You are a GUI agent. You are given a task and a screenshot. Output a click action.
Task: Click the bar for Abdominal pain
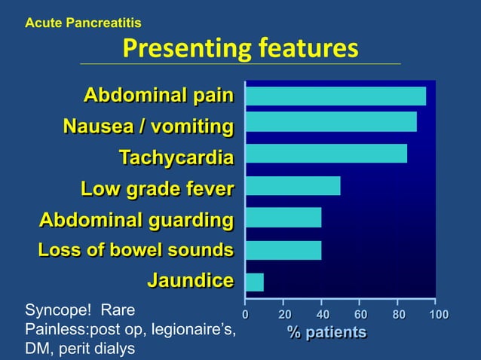click(x=335, y=96)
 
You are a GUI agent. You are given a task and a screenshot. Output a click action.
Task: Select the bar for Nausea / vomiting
click(x=331, y=122)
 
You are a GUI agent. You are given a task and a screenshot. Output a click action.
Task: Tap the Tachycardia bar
click(x=326, y=154)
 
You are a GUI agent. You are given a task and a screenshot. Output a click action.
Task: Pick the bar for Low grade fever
click(x=293, y=185)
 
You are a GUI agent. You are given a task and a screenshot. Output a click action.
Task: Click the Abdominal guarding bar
click(x=283, y=218)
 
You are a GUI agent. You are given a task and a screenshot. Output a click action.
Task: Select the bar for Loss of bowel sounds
click(x=283, y=250)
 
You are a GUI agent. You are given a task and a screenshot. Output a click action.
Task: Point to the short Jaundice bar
click(x=255, y=282)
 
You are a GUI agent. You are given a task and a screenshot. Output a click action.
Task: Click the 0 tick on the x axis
click(x=244, y=313)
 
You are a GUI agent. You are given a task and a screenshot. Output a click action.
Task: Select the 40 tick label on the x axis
click(x=322, y=313)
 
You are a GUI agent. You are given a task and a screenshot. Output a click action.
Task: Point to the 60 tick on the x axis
click(x=360, y=313)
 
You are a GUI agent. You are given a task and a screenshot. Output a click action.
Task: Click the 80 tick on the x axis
click(x=399, y=313)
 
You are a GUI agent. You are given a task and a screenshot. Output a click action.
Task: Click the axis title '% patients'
click(x=326, y=332)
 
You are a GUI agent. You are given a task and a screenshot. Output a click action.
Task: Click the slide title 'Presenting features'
click(x=240, y=49)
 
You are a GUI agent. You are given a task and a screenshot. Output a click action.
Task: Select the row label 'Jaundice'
click(x=190, y=281)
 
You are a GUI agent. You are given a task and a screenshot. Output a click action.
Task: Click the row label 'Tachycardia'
click(x=176, y=157)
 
